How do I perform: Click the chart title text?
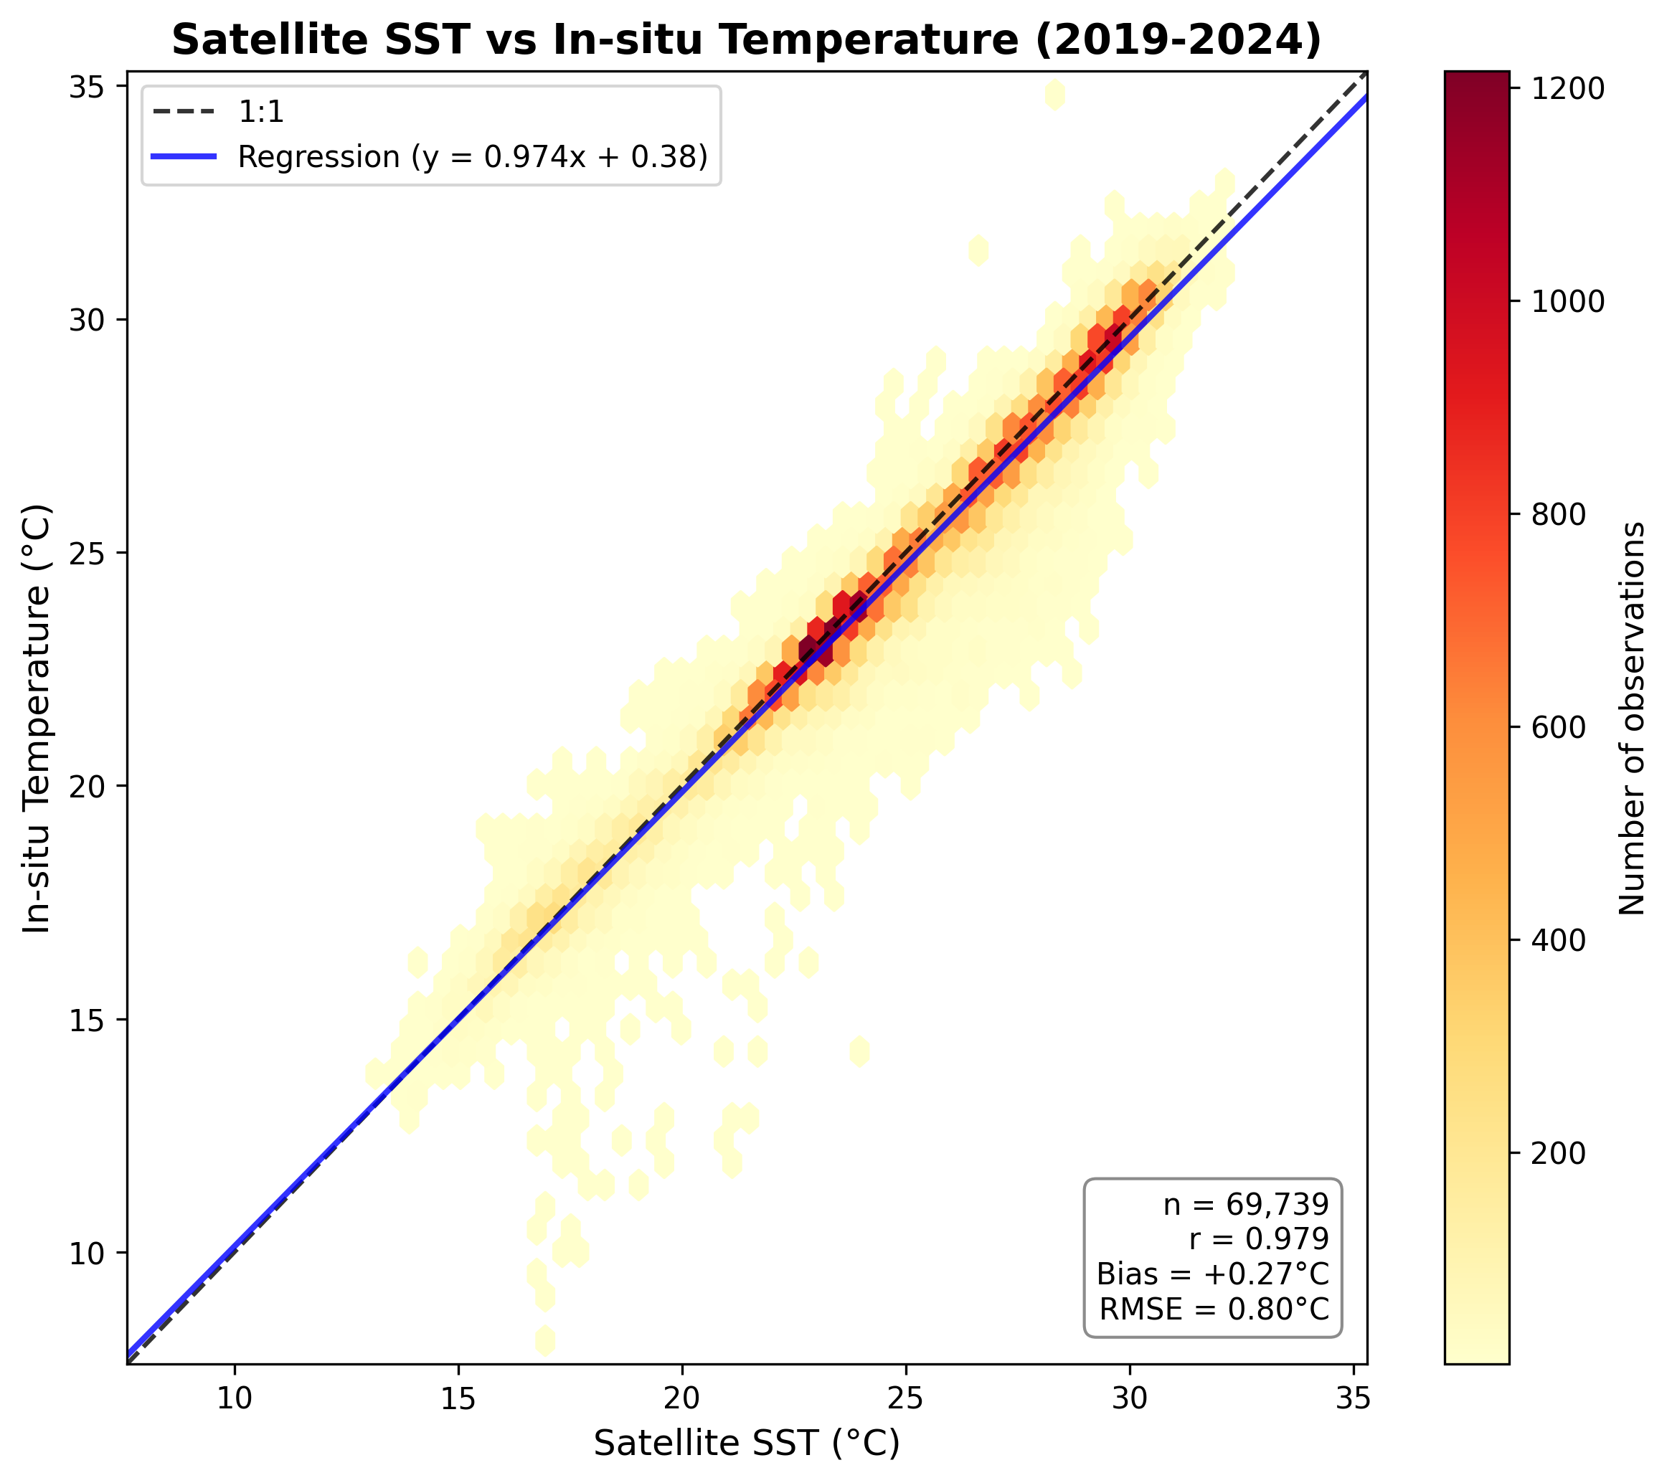pos(746,39)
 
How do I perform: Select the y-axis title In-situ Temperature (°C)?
pos(37,718)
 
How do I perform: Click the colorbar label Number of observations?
pos(1632,718)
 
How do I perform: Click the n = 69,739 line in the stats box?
pos(1246,1204)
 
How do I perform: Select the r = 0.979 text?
pos(1259,1239)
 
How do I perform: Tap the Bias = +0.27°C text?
pos(1212,1274)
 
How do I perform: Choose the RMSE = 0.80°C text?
pos(1214,1309)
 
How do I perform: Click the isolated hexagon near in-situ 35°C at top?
pos(1054,95)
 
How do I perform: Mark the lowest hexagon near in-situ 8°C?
pos(545,1340)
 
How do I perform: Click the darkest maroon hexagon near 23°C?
pos(808,651)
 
